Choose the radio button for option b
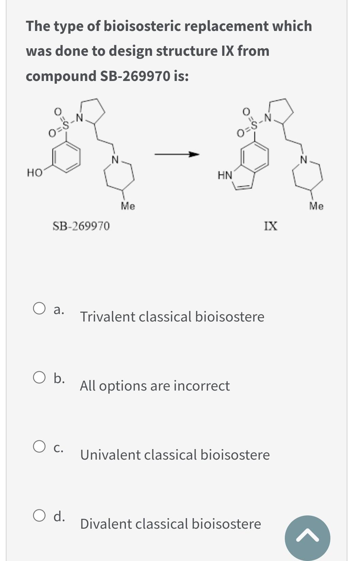pyautogui.click(x=39, y=378)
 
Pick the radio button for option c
pyautogui.click(x=39, y=447)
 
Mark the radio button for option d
pyautogui.click(x=39, y=516)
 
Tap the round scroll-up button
pyautogui.click(x=307, y=538)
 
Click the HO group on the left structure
pyautogui.click(x=34, y=173)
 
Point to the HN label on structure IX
pyautogui.click(x=225, y=176)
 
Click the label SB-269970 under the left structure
pyautogui.click(x=81, y=226)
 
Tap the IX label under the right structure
pyautogui.click(x=271, y=226)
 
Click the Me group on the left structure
pyautogui.click(x=128, y=206)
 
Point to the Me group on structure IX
pyautogui.click(x=316, y=206)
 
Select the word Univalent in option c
pyautogui.click(x=110, y=455)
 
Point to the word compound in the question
pyautogui.click(x=61, y=76)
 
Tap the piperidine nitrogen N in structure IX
pyautogui.click(x=304, y=159)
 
